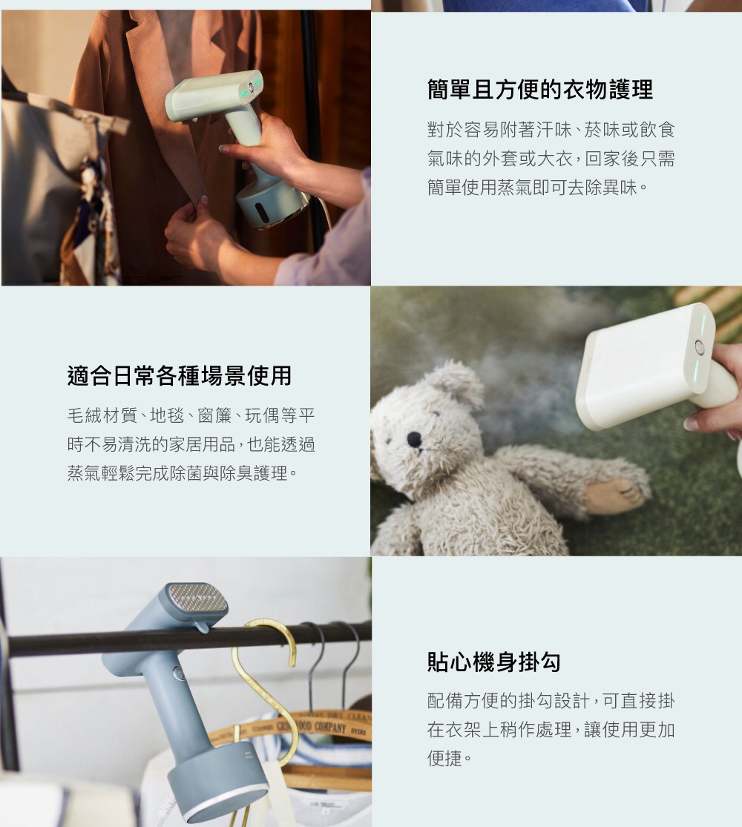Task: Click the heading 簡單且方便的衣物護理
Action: click(540, 89)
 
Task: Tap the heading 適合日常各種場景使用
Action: click(180, 375)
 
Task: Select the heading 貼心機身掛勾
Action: click(494, 662)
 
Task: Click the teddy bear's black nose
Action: click(414, 438)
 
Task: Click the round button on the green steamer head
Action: click(252, 88)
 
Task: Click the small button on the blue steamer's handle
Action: click(178, 673)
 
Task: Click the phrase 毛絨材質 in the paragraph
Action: click(102, 415)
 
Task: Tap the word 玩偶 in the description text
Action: click(262, 415)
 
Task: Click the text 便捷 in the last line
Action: click(444, 758)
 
